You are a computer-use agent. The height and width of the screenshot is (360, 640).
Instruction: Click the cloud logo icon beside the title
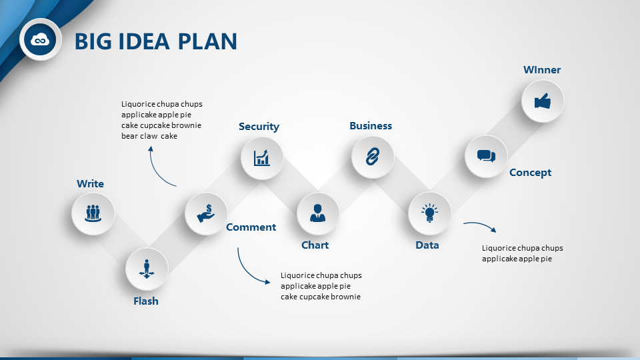(40, 39)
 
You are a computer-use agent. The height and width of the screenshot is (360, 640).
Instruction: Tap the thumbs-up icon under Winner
(543, 101)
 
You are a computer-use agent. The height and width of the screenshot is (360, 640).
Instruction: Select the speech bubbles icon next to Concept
(486, 156)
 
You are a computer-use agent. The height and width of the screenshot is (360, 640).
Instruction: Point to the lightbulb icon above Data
(429, 213)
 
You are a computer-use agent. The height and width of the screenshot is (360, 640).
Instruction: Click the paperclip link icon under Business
(372, 157)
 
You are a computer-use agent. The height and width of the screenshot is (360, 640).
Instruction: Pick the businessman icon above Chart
(317, 213)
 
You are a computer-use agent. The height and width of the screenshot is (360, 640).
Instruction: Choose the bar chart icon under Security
(261, 157)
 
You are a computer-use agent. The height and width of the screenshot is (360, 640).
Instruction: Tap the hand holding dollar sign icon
(206, 213)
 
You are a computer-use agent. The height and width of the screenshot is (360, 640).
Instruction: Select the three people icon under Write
(93, 213)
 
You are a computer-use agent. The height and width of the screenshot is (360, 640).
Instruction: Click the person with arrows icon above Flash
(147, 269)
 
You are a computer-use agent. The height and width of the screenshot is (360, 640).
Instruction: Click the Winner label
(542, 70)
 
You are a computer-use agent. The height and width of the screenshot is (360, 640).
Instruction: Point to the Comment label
(251, 227)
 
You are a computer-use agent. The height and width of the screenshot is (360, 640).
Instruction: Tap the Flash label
(146, 301)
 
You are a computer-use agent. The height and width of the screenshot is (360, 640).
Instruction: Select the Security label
(259, 127)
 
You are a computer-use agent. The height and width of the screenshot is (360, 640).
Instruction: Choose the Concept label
(530, 173)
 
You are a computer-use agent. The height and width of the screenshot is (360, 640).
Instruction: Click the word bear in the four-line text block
(129, 136)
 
